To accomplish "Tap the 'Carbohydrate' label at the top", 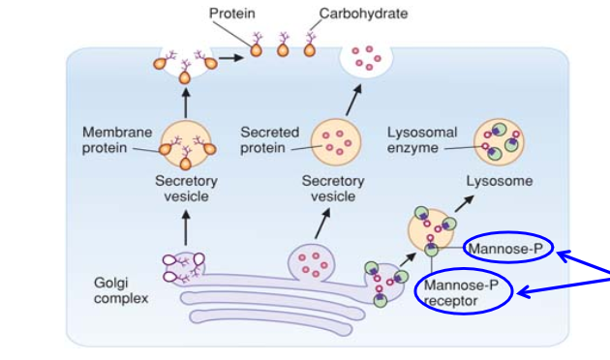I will tap(364, 14).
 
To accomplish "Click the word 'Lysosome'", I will tap(499, 181).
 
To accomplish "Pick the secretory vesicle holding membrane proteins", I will tap(186, 141).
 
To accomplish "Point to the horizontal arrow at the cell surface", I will tap(229, 57).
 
